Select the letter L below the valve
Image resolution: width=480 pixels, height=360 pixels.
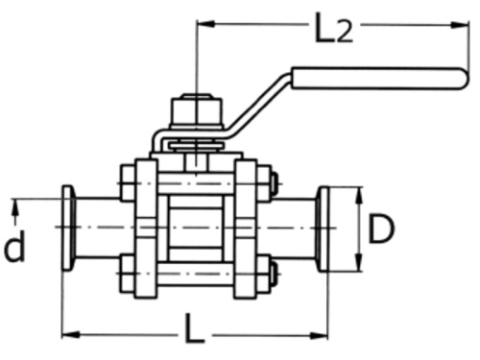195,332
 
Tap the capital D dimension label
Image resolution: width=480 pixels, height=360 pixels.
382,229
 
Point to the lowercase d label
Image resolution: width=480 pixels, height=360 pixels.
14,247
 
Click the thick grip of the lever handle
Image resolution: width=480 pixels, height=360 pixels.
379,78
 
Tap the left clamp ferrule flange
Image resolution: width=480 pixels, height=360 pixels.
69,228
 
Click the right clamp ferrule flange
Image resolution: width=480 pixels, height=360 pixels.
324,228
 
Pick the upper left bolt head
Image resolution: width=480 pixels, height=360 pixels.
127,181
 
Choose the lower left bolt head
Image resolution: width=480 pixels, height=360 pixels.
127,276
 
